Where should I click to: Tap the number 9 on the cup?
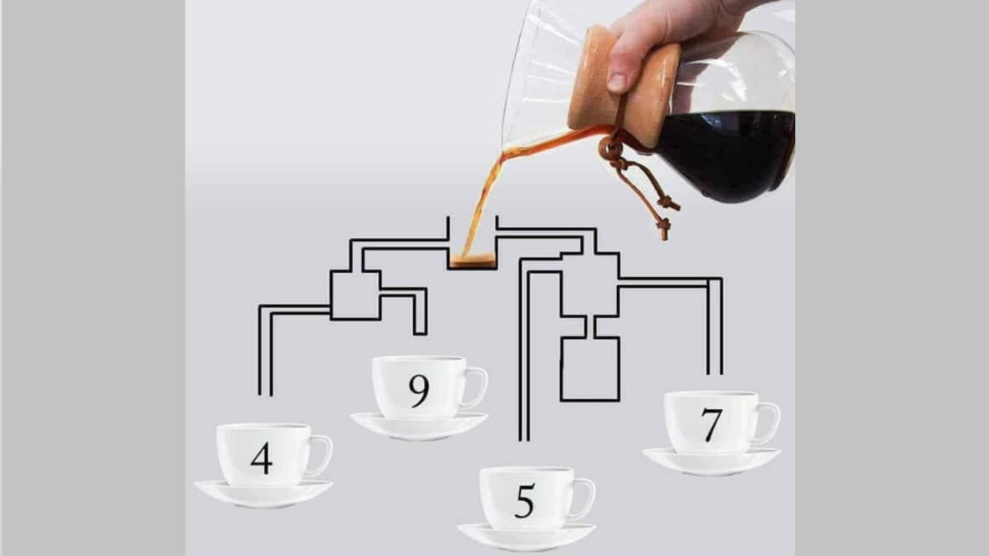click(x=419, y=391)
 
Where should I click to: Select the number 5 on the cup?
click(x=524, y=501)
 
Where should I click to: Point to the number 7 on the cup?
click(x=711, y=425)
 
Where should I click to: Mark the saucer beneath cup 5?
click(x=526, y=536)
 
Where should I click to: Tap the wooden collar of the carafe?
click(x=626, y=85)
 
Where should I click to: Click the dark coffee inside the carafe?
click(x=726, y=154)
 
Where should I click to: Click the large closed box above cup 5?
click(x=590, y=369)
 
